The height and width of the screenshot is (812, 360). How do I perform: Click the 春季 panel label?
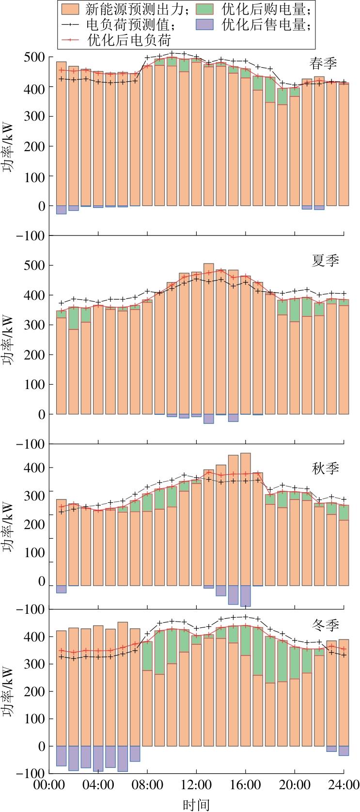(x=323, y=63)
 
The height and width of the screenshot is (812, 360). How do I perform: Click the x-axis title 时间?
(x=196, y=805)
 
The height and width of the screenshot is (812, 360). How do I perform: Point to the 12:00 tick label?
(x=196, y=784)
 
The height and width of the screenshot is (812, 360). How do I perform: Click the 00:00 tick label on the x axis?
(x=48, y=784)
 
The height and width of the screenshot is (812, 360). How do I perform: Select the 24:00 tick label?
(x=344, y=784)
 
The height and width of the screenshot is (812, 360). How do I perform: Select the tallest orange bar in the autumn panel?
(x=246, y=518)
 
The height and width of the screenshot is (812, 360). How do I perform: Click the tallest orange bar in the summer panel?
(x=209, y=339)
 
